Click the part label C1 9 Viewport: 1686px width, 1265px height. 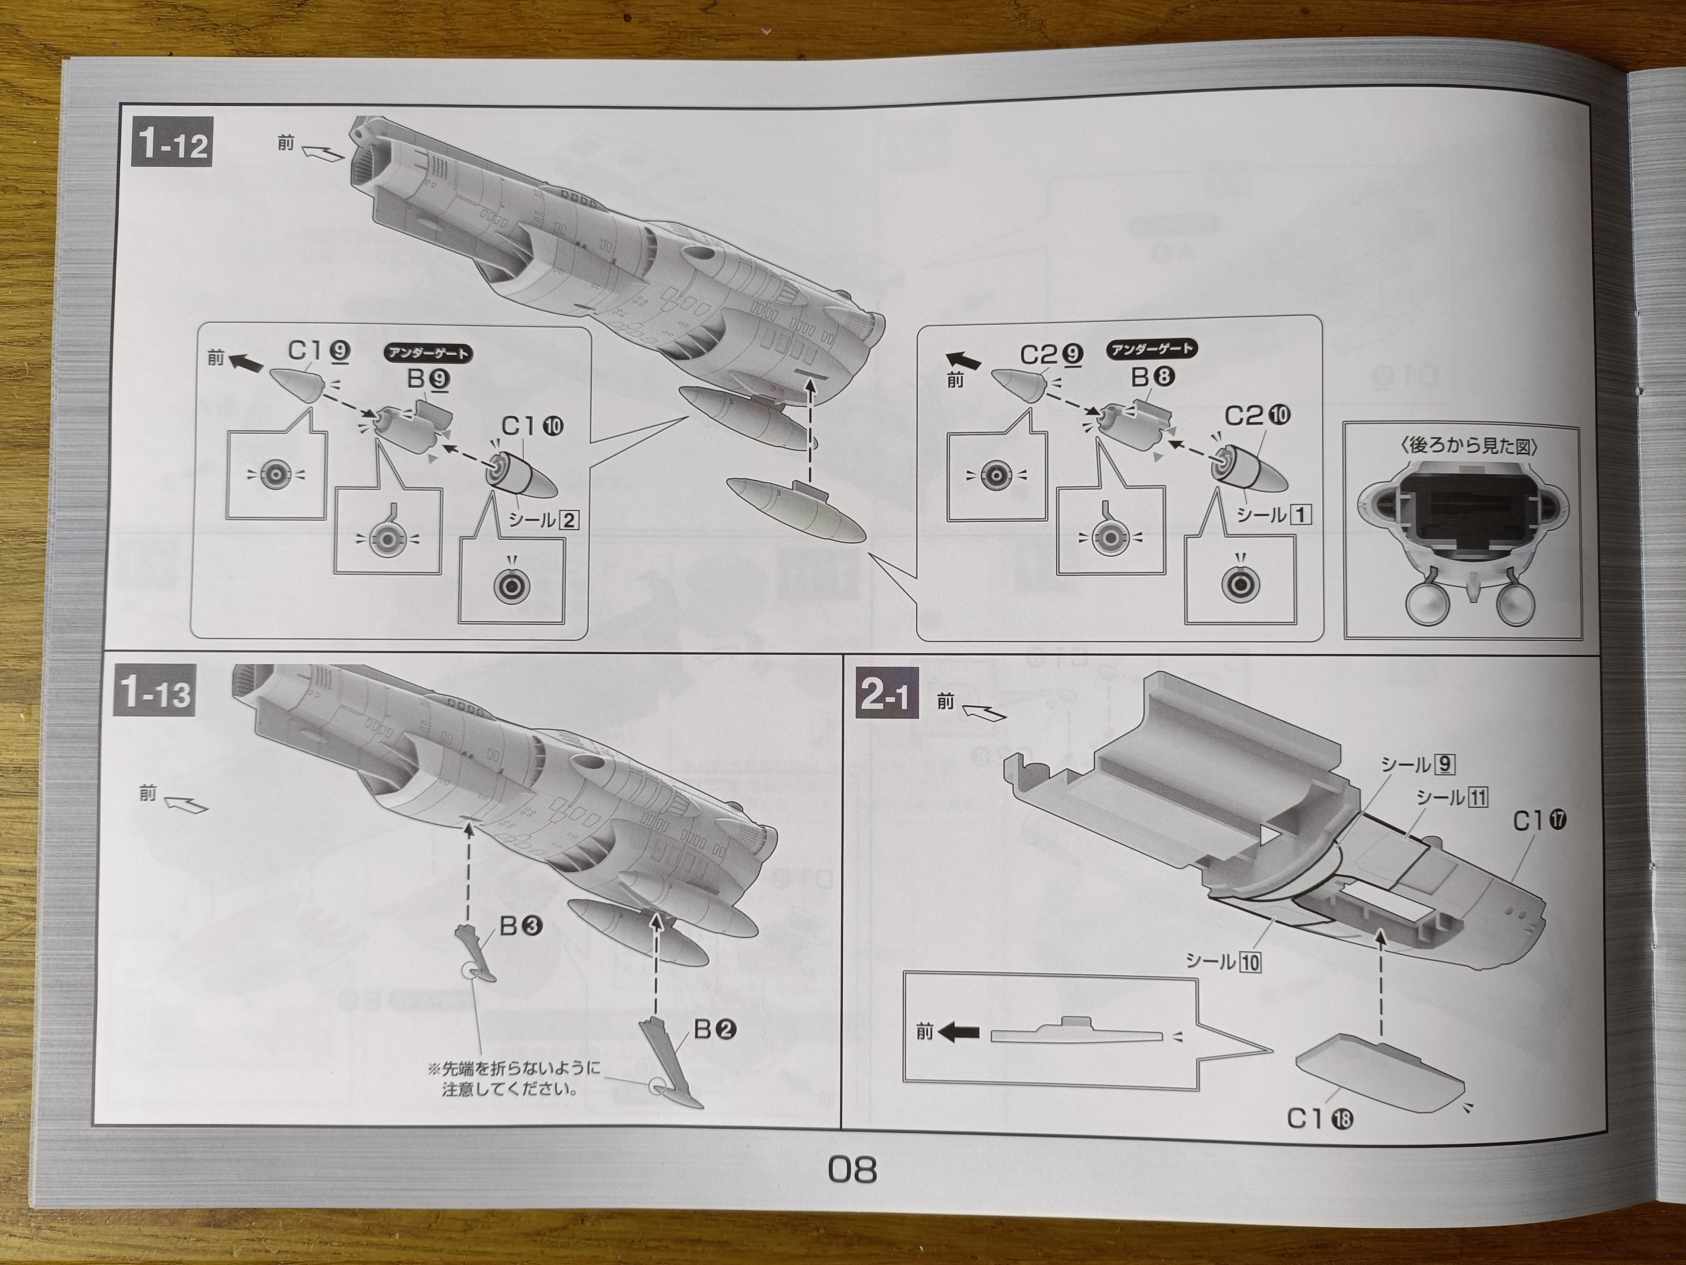tap(319, 351)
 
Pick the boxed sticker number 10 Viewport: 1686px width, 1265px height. tap(1250, 962)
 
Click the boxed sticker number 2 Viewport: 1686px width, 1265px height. tap(568, 520)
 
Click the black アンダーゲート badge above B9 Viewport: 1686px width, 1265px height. tap(428, 353)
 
